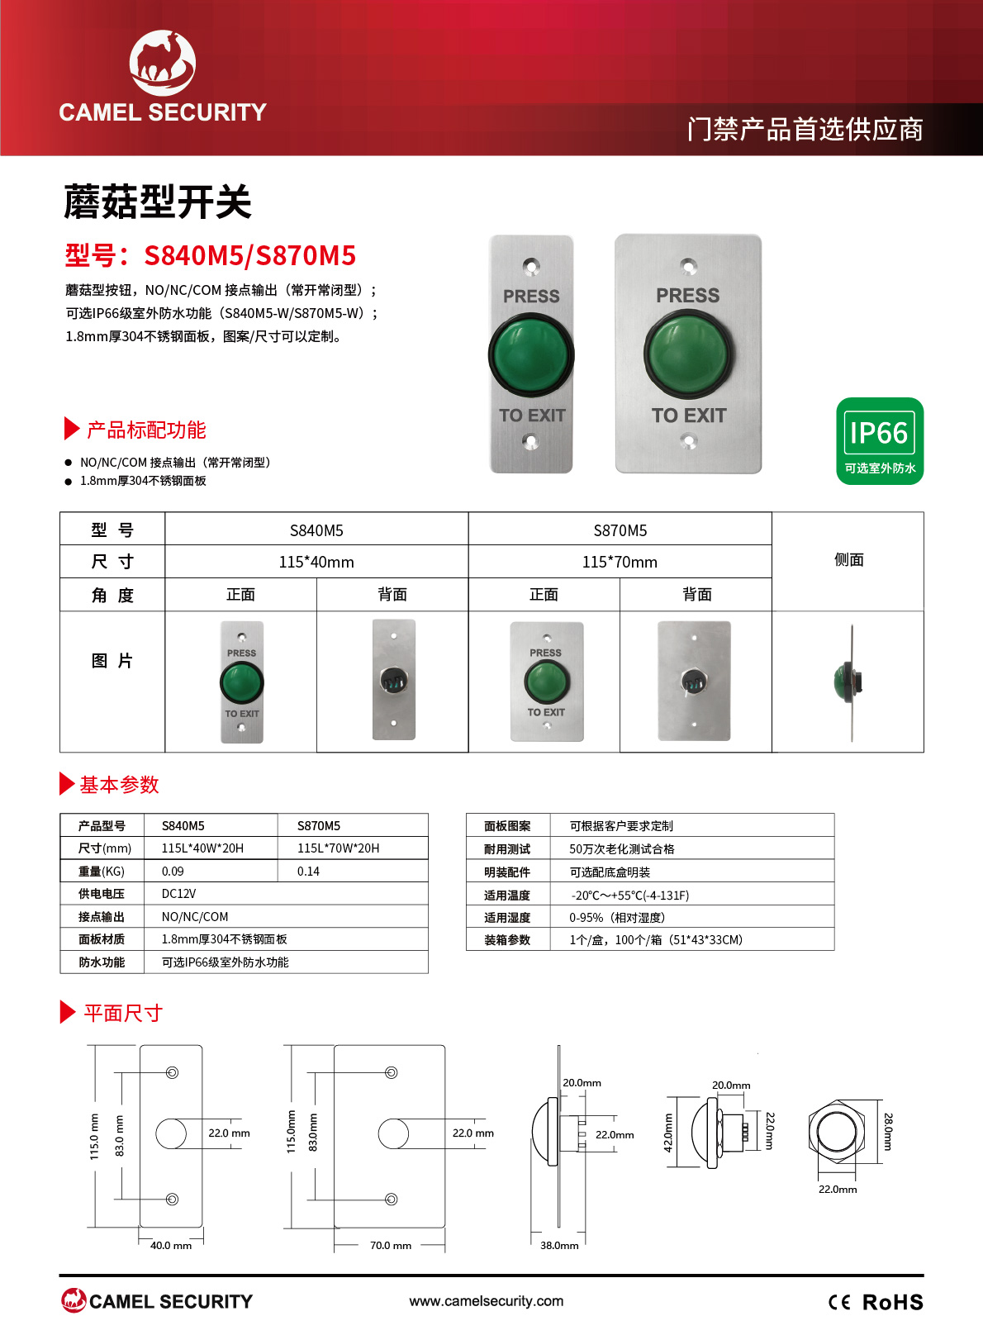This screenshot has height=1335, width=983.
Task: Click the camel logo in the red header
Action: pyautogui.click(x=163, y=63)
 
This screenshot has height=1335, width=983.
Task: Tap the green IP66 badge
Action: pyautogui.click(x=880, y=441)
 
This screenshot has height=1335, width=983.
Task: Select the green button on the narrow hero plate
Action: pyautogui.click(x=531, y=356)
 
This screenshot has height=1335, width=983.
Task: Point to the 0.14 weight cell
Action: pyautogui.click(x=308, y=872)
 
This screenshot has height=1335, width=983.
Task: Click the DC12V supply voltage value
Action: pyautogui.click(x=178, y=894)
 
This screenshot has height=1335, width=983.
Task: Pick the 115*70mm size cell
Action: pyautogui.click(x=620, y=562)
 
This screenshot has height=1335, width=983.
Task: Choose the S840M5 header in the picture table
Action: pyautogui.click(x=316, y=530)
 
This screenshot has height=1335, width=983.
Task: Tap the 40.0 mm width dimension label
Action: pyautogui.click(x=171, y=1245)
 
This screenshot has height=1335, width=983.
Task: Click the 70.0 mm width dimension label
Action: pyautogui.click(x=391, y=1245)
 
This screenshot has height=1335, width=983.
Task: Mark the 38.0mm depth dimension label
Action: pyautogui.click(x=559, y=1245)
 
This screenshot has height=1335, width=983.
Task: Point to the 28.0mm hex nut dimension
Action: pyautogui.click(x=888, y=1131)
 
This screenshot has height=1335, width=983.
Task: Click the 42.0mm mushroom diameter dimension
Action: pyautogui.click(x=668, y=1133)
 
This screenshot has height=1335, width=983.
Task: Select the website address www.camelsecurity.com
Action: pyautogui.click(x=487, y=1301)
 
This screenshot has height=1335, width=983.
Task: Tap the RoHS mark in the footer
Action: pyautogui.click(x=892, y=1302)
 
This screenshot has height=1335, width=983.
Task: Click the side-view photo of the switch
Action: pyautogui.click(x=849, y=682)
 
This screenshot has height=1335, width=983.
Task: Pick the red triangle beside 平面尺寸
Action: pyautogui.click(x=68, y=1012)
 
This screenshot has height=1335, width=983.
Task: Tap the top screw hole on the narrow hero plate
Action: pyautogui.click(x=531, y=266)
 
